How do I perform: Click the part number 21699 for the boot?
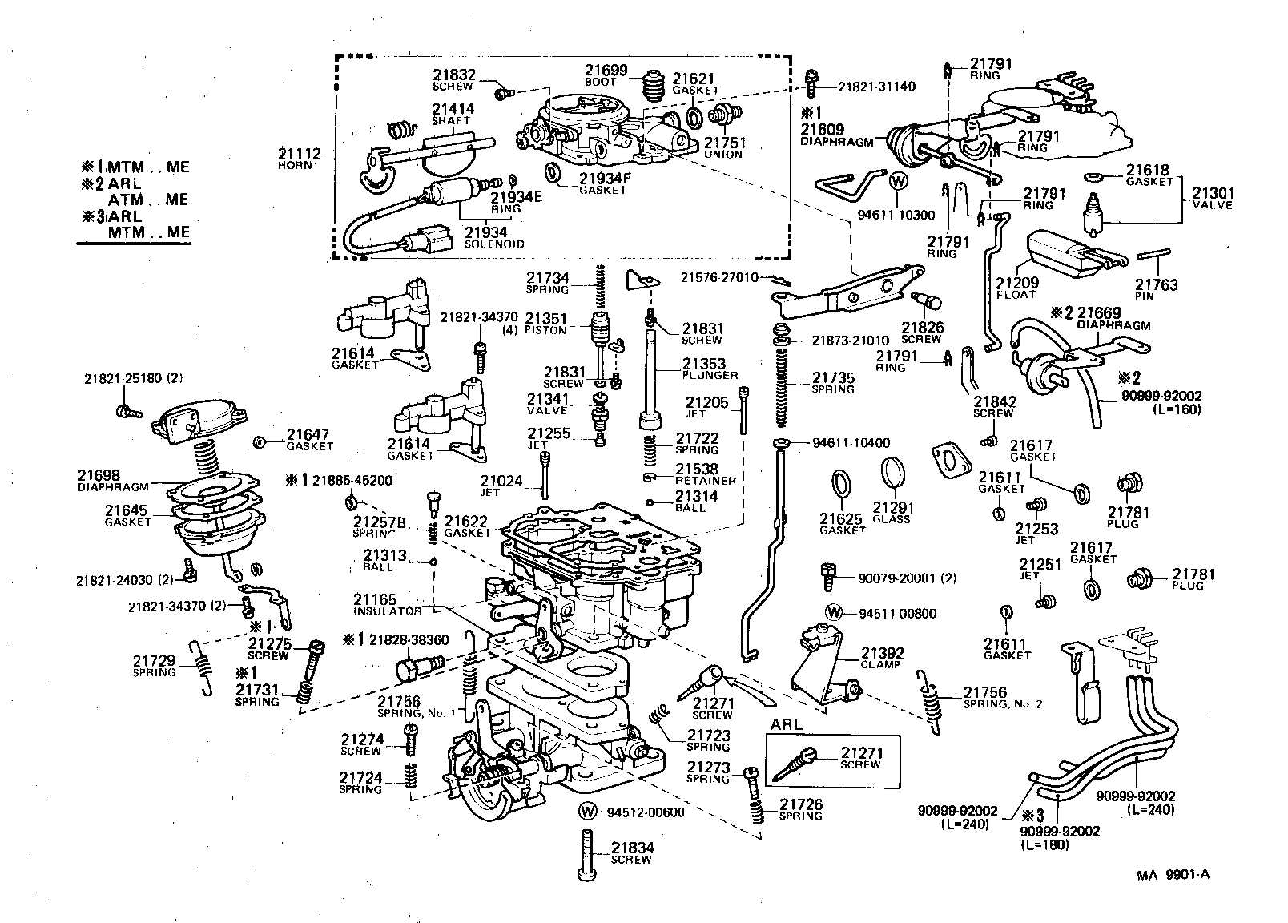pos(606,70)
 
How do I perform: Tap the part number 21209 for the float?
pos(1017,283)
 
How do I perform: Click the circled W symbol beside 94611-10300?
pos(898,180)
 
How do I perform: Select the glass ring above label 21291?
pos(894,474)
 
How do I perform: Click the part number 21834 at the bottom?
pos(632,848)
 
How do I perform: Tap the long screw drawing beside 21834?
pos(587,856)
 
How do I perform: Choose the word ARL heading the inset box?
pos(786,724)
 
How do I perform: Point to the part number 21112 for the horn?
pos(300,153)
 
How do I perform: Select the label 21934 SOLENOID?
pos(491,237)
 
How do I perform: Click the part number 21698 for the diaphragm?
pos(99,475)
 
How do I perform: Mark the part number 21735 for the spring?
pos(833,377)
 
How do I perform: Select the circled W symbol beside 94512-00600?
pos(588,812)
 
